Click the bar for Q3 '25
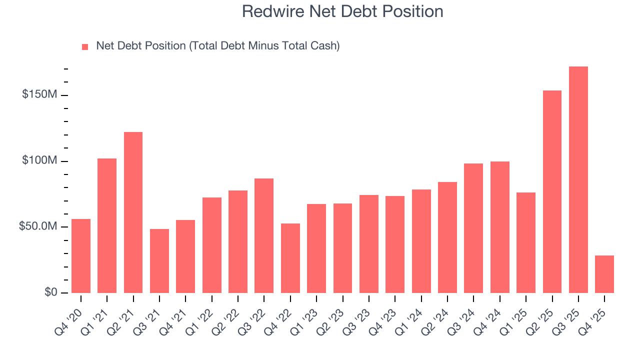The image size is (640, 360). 578,179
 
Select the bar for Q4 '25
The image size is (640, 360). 604,274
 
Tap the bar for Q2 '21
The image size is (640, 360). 133,212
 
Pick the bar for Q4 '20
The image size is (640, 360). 81,256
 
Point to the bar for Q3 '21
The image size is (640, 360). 159,261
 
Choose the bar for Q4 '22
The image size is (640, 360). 290,258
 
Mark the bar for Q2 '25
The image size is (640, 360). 552,191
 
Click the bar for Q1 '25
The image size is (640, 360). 526,242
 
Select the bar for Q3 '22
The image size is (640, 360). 264,235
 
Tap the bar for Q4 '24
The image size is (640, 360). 500,227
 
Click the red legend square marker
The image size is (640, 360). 85,47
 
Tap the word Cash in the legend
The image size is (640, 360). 322,46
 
